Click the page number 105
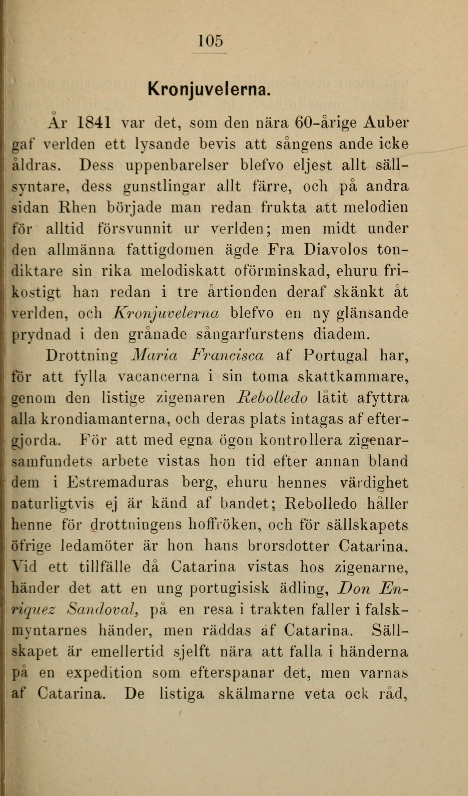click(211, 41)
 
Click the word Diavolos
click(336, 250)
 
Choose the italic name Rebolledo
click(272, 398)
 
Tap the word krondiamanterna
click(104, 419)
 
